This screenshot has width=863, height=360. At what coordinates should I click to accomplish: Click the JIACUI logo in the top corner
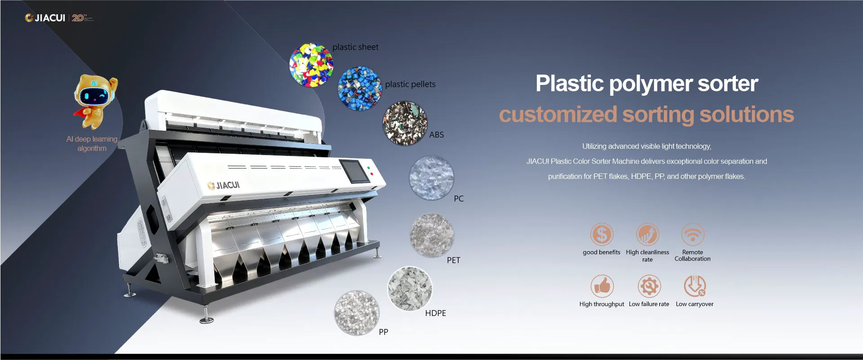click(45, 18)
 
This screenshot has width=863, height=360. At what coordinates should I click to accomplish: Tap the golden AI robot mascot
click(95, 101)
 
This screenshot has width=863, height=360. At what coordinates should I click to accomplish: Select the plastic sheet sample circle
click(311, 65)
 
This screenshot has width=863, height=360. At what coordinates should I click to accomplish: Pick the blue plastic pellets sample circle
click(359, 89)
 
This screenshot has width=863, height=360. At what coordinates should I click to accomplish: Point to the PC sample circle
click(431, 178)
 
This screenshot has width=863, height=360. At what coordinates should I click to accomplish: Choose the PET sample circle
click(432, 235)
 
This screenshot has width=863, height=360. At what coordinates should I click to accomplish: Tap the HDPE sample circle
click(410, 289)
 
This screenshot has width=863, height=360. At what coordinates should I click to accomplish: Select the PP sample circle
click(357, 313)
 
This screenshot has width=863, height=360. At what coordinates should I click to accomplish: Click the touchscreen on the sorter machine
click(355, 171)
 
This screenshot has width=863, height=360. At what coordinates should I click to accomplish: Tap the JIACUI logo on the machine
click(224, 185)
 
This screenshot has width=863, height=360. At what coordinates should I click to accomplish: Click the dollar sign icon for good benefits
click(602, 234)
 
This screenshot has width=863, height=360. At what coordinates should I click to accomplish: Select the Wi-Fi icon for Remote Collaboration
click(692, 234)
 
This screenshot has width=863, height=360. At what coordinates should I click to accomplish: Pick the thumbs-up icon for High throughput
click(602, 286)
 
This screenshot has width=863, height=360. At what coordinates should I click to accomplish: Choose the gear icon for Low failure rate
click(649, 286)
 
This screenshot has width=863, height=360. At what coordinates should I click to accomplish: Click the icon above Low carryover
click(695, 286)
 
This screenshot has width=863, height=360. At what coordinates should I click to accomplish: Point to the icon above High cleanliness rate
click(647, 234)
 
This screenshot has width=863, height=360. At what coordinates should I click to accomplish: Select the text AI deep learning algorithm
click(92, 144)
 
